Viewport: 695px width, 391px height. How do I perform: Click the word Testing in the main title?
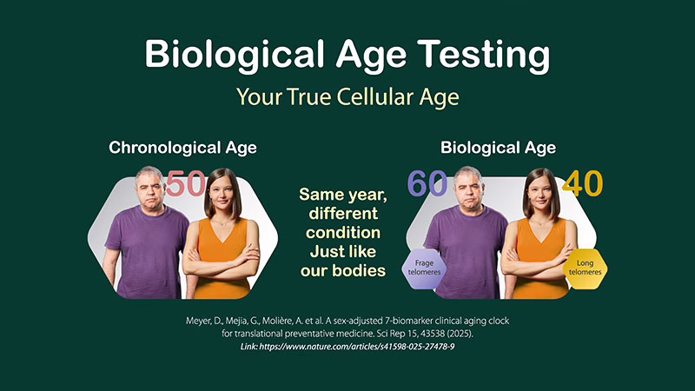coord(484,56)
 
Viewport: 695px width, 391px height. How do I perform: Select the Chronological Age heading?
coord(182,148)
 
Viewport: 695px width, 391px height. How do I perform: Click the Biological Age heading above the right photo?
coord(498,148)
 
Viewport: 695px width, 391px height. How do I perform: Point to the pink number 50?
coord(186,183)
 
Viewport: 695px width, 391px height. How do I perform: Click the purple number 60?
coord(427,183)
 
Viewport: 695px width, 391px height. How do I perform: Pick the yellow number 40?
coord(582,183)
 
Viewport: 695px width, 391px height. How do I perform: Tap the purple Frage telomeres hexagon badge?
coord(424,268)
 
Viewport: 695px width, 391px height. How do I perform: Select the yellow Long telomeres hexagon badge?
coord(585,268)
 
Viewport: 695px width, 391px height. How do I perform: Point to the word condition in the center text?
coord(343,233)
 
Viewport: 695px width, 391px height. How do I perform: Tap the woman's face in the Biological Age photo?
coord(540,192)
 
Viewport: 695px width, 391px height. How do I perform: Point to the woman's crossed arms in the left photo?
coord(222,257)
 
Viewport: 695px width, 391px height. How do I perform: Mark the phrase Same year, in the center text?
coord(343,195)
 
